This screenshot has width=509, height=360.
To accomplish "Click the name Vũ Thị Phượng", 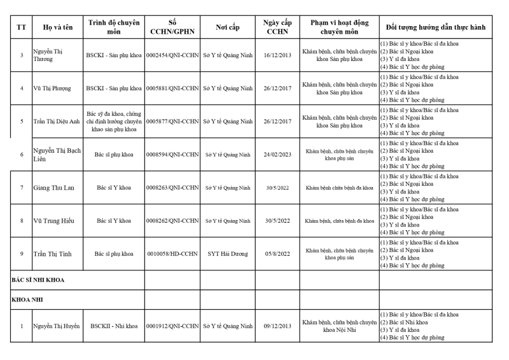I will [x=54, y=88].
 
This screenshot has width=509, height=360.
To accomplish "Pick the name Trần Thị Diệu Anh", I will [x=57, y=121].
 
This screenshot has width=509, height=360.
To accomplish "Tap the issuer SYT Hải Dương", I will [x=227, y=254].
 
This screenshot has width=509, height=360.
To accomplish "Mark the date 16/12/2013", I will [x=277, y=55].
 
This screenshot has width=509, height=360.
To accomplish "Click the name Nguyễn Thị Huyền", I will [x=57, y=326].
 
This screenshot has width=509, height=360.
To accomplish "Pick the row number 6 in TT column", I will [x=22, y=155].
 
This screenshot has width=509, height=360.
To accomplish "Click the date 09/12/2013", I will [x=277, y=326].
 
